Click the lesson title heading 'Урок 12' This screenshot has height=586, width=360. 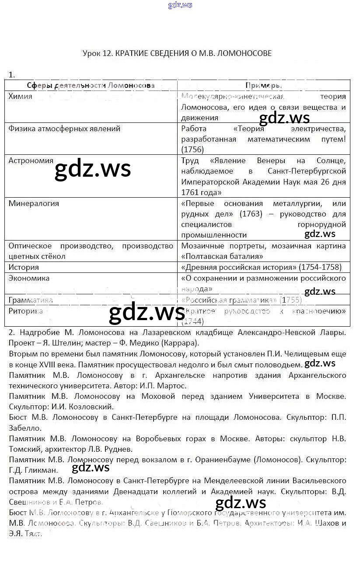(x=177, y=53)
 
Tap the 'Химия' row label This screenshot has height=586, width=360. (x=20, y=96)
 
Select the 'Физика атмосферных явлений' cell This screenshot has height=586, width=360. (x=64, y=129)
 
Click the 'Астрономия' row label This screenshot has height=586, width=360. (x=31, y=160)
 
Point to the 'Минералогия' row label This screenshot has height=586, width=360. (x=33, y=203)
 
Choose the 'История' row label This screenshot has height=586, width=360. (x=24, y=267)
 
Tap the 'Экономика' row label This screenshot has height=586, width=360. (x=29, y=278)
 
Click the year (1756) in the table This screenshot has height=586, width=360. (x=192, y=150)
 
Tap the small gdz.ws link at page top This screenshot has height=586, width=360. (x=180, y=5)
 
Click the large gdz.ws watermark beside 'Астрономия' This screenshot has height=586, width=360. (x=93, y=170)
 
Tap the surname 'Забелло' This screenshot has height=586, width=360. (x=25, y=428)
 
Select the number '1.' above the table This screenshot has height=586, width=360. (x=11, y=75)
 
